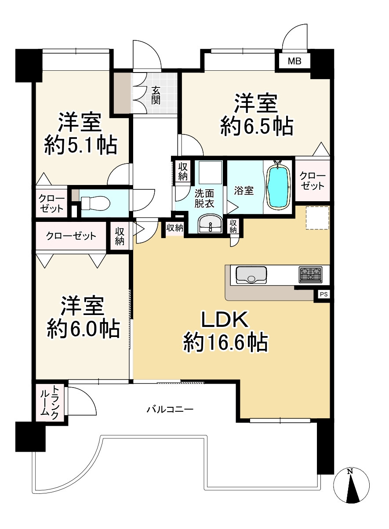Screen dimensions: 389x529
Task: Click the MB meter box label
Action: click(294, 61)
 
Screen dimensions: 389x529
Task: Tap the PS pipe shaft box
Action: click(324, 294)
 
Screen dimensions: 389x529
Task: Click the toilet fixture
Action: click(95, 203)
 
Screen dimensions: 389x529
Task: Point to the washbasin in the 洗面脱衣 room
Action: click(210, 223)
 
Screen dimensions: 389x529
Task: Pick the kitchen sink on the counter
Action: click(251, 275)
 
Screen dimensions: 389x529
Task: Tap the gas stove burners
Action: click(310, 275)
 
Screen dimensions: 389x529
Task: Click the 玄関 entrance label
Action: click(156, 95)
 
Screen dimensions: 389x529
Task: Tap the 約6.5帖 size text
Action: click(257, 126)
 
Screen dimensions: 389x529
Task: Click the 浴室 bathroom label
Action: click(244, 191)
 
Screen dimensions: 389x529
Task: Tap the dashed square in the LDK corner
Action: click(317, 217)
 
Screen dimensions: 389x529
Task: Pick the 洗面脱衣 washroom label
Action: click(204, 199)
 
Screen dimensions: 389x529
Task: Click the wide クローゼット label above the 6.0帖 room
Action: click(71, 236)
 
